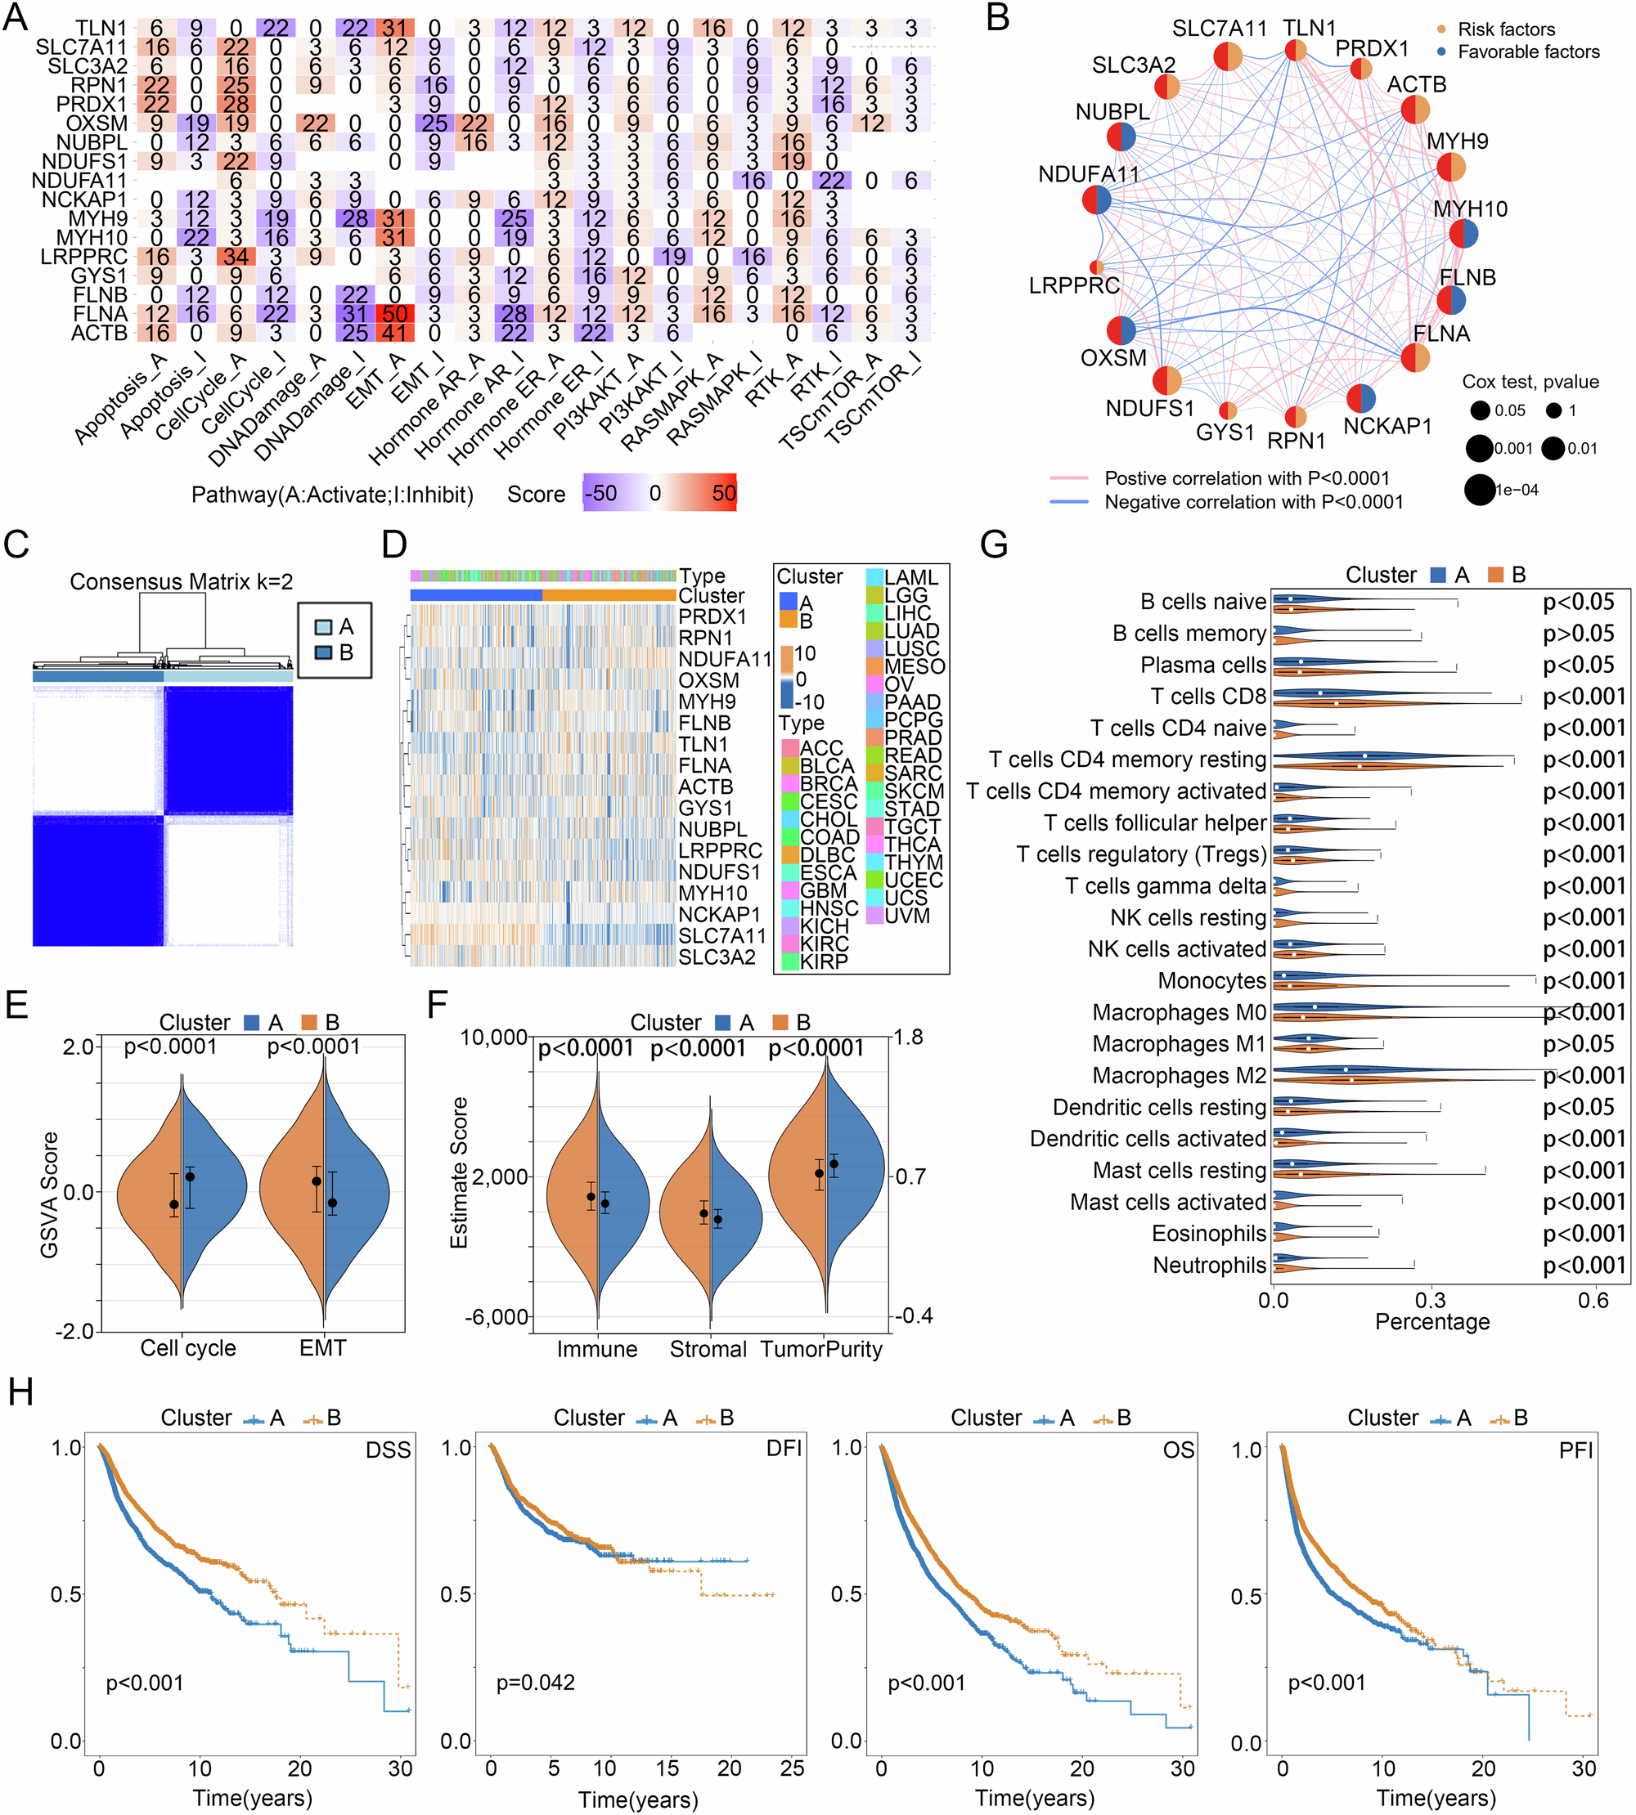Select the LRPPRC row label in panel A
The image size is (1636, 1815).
point(84,257)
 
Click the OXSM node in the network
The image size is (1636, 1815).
point(1121,330)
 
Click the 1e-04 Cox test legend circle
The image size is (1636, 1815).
point(1479,490)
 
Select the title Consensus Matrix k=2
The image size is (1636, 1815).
point(181,581)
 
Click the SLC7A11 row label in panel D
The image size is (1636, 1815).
point(721,935)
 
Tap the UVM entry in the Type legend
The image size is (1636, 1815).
point(907,916)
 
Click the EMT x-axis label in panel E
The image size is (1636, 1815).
point(321,1348)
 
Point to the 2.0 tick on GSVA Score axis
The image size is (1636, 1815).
point(78,1046)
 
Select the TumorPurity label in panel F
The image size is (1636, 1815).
point(820,1349)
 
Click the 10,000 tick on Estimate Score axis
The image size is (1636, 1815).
point(492,1037)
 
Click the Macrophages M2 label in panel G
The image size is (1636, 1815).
point(1179,1076)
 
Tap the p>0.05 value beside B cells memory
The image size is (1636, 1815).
point(1578,634)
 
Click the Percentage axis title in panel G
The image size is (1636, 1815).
point(1432,1322)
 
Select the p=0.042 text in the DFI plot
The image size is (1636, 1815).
point(535,1682)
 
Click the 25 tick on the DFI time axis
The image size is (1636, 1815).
point(792,1768)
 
